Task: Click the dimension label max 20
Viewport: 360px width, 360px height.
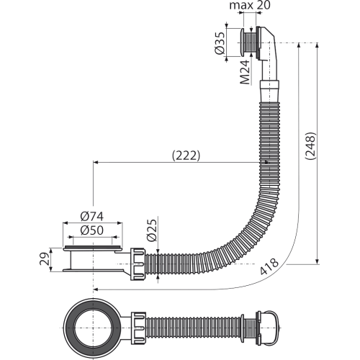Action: [x=250, y=5]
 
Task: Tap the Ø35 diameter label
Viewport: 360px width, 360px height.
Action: [x=220, y=42]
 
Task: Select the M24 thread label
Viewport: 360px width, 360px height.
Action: [x=246, y=72]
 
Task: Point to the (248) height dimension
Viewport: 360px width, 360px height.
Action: [x=310, y=145]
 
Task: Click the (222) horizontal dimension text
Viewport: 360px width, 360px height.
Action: [x=186, y=156]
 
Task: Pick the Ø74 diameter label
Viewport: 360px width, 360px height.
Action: [x=92, y=216]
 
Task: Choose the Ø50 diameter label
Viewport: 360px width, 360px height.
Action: [x=92, y=230]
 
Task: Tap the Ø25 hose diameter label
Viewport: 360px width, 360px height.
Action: [x=153, y=230]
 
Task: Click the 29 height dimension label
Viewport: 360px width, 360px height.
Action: [x=45, y=258]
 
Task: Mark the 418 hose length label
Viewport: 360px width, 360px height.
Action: [x=269, y=266]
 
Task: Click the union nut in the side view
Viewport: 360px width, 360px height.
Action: [x=138, y=264]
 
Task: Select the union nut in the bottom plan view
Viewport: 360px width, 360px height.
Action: [x=138, y=328]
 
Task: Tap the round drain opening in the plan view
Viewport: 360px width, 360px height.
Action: [x=93, y=328]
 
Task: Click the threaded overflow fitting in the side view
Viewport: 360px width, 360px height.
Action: [x=250, y=42]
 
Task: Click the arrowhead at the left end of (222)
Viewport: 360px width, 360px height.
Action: [x=96, y=163]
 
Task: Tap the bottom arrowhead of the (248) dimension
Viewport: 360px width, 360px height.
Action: [x=318, y=261]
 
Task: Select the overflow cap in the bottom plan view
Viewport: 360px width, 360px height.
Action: [x=268, y=328]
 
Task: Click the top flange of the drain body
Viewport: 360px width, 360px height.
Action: [x=93, y=248]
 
